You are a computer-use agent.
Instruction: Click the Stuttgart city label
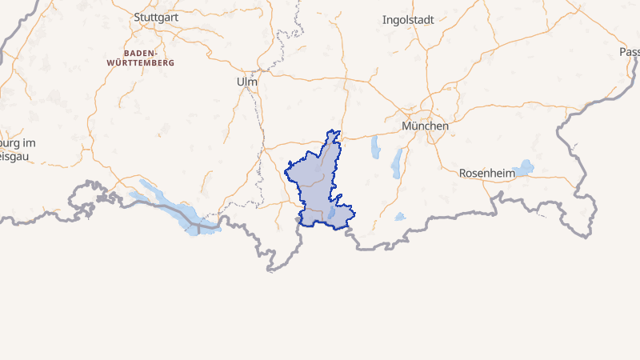click(155, 17)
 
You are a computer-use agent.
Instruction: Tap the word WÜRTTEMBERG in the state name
click(149, 62)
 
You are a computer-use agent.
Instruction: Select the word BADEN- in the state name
click(139, 52)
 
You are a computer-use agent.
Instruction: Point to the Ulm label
click(246, 82)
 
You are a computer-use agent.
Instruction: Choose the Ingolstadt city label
click(408, 20)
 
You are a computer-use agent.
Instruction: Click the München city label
click(425, 126)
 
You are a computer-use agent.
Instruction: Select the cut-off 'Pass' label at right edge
click(630, 52)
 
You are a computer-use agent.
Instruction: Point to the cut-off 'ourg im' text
click(18, 142)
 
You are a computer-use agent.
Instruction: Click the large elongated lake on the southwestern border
click(172, 205)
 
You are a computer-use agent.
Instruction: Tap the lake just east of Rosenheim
click(525, 167)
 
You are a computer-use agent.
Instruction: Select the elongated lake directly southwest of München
click(397, 163)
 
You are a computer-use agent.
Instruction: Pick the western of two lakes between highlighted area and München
click(374, 146)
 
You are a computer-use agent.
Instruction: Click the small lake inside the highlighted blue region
click(331, 212)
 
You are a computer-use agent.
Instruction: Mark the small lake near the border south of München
click(400, 216)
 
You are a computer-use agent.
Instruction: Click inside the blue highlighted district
click(316, 184)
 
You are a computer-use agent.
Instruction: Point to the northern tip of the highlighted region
click(338, 132)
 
